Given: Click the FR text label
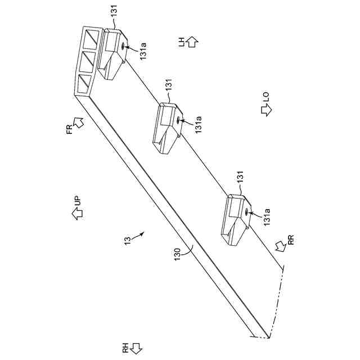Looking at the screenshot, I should tap(69, 130).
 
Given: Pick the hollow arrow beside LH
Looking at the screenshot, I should tap(193, 42).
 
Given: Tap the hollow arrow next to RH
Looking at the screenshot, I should tap(136, 348).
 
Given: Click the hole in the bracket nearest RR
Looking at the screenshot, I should tap(247, 212).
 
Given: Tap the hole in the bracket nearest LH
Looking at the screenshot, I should tap(121, 47).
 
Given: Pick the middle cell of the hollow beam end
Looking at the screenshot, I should tap(87, 60).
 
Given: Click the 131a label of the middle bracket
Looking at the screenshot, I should tap(198, 123).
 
